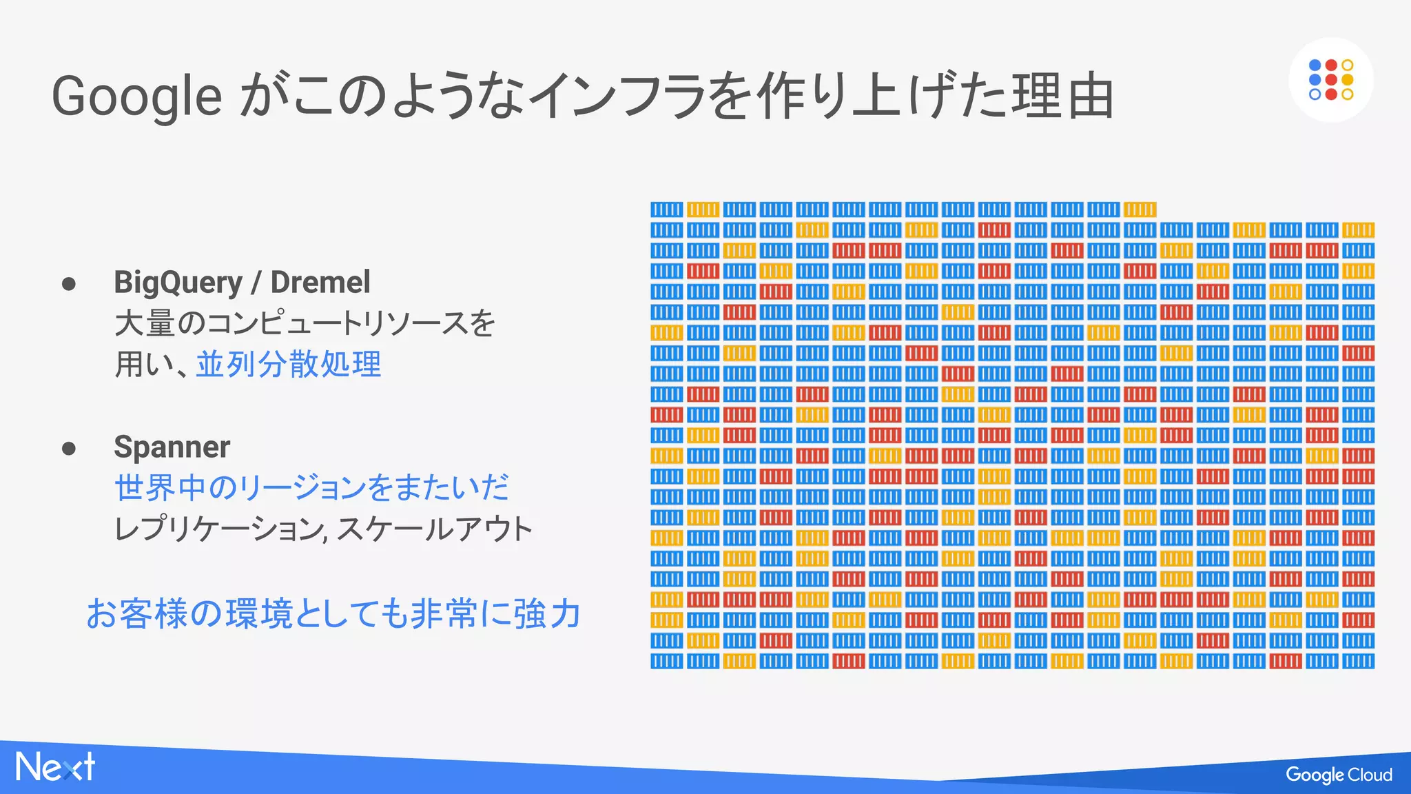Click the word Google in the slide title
click(136, 96)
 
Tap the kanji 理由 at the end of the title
click(1062, 96)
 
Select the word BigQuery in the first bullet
click(178, 282)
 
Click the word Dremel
click(320, 282)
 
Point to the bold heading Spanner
click(172, 447)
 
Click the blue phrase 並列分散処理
click(289, 364)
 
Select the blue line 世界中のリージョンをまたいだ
click(311, 487)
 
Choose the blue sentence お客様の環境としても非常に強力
click(333, 613)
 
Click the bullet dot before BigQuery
click(68, 283)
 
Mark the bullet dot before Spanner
click(68, 449)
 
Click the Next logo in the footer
click(55, 767)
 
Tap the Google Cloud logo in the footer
click(1339, 775)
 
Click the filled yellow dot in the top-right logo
click(1348, 80)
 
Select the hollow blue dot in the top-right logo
click(1315, 94)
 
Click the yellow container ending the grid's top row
click(1140, 210)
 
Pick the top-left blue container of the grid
click(667, 210)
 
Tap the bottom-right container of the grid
click(1358, 662)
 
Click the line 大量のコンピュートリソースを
click(305, 323)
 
